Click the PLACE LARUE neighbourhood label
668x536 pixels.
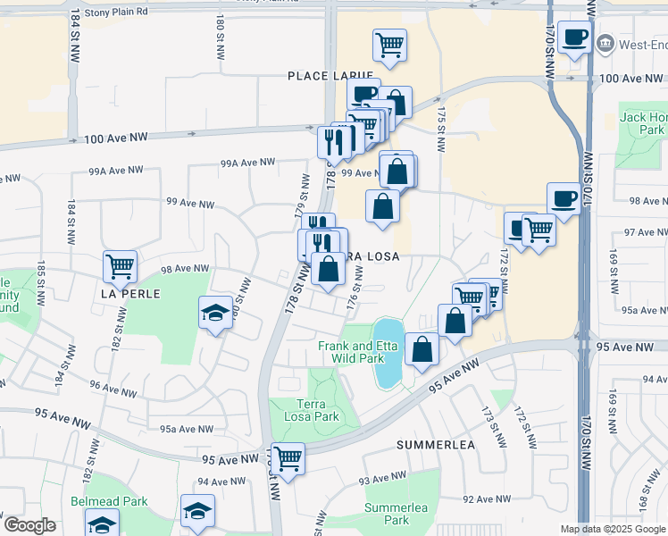coord(323,77)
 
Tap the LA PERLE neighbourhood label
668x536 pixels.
coord(130,293)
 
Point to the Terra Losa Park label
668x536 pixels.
coord(312,410)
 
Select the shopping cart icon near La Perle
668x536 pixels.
coord(120,266)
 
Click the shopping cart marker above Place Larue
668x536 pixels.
coord(389,45)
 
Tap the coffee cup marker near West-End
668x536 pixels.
coord(574,38)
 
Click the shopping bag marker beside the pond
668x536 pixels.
coord(422,349)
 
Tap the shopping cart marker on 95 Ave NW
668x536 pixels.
coord(288,459)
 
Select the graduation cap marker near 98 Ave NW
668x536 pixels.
coord(214,312)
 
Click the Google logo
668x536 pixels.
coord(29,525)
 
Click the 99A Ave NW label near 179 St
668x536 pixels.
coord(249,163)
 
